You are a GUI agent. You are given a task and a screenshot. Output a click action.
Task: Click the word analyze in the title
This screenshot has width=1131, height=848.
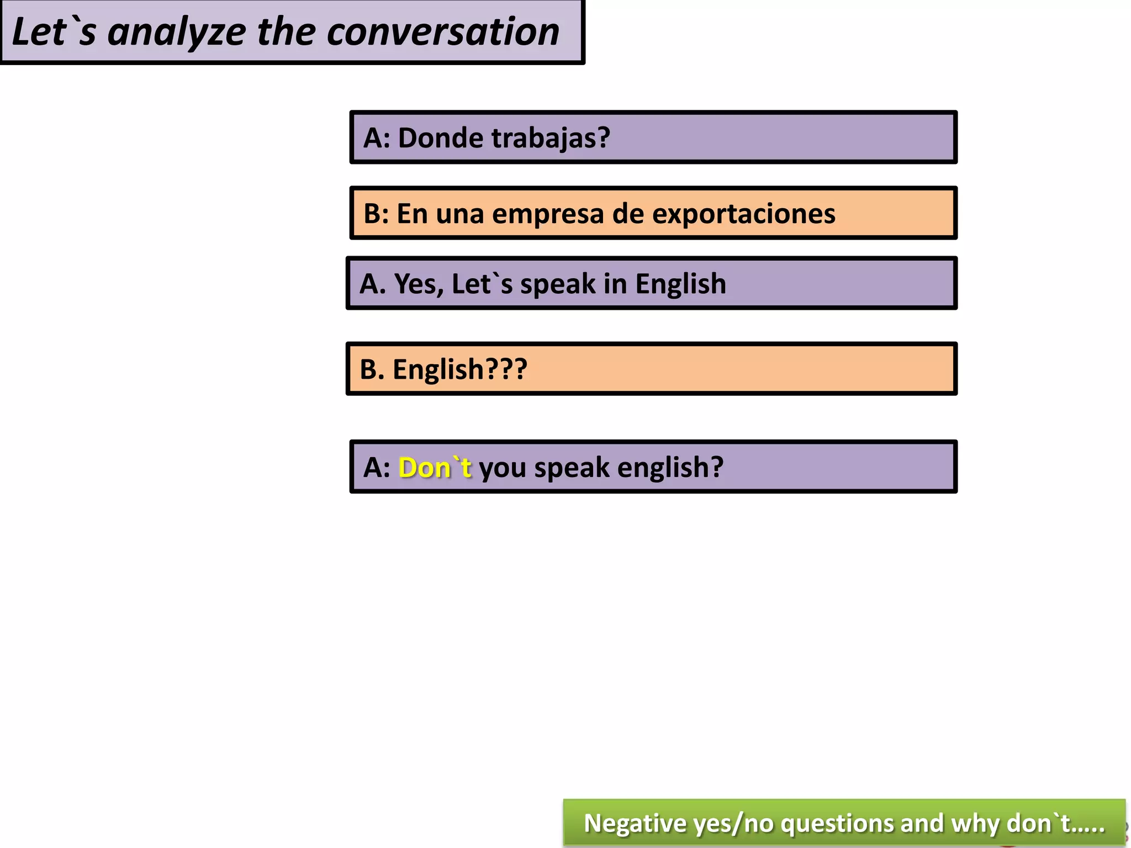[176, 32]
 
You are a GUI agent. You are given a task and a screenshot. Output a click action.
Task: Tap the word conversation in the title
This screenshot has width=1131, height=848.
[443, 32]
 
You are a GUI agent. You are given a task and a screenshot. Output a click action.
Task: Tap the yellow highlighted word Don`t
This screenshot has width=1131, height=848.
[435, 468]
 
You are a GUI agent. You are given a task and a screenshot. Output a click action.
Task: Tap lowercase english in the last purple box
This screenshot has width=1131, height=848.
[670, 468]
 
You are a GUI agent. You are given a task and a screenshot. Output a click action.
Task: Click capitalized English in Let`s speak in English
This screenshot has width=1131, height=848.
[680, 284]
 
